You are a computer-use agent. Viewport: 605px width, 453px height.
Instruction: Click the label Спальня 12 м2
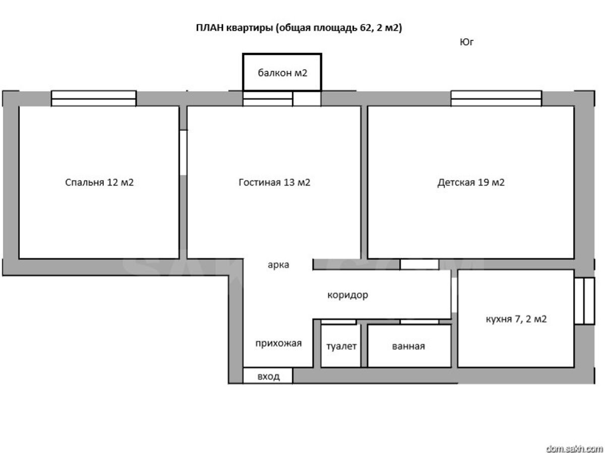(x=99, y=182)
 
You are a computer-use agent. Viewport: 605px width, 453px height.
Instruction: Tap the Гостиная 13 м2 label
(x=274, y=182)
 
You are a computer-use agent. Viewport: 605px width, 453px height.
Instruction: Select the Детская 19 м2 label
(x=471, y=182)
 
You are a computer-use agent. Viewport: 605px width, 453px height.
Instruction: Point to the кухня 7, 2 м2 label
(x=516, y=319)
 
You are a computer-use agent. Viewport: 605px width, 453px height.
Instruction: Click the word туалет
(x=341, y=346)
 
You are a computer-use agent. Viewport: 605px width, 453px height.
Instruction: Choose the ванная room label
(x=408, y=346)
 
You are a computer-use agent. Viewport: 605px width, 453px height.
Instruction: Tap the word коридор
(x=347, y=295)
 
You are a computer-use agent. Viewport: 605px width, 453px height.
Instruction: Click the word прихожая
(x=278, y=344)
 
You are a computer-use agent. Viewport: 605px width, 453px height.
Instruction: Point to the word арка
(x=278, y=265)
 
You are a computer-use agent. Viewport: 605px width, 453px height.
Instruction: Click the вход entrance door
(x=268, y=375)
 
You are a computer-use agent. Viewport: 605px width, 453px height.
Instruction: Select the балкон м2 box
(x=282, y=72)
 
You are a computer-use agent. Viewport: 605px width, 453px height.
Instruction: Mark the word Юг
(x=467, y=42)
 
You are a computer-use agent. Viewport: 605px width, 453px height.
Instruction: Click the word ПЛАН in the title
(x=209, y=28)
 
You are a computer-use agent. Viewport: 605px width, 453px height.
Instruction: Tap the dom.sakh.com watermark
(x=575, y=448)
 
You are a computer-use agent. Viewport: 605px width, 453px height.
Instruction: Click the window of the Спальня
(x=94, y=99)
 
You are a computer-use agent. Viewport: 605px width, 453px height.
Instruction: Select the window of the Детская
(x=496, y=99)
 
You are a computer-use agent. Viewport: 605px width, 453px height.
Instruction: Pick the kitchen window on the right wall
(x=585, y=301)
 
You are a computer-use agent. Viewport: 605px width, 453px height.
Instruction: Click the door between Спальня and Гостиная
(x=184, y=153)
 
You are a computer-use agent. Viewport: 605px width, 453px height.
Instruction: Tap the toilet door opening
(x=339, y=322)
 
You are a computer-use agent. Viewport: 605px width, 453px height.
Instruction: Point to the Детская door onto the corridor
(x=419, y=265)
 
